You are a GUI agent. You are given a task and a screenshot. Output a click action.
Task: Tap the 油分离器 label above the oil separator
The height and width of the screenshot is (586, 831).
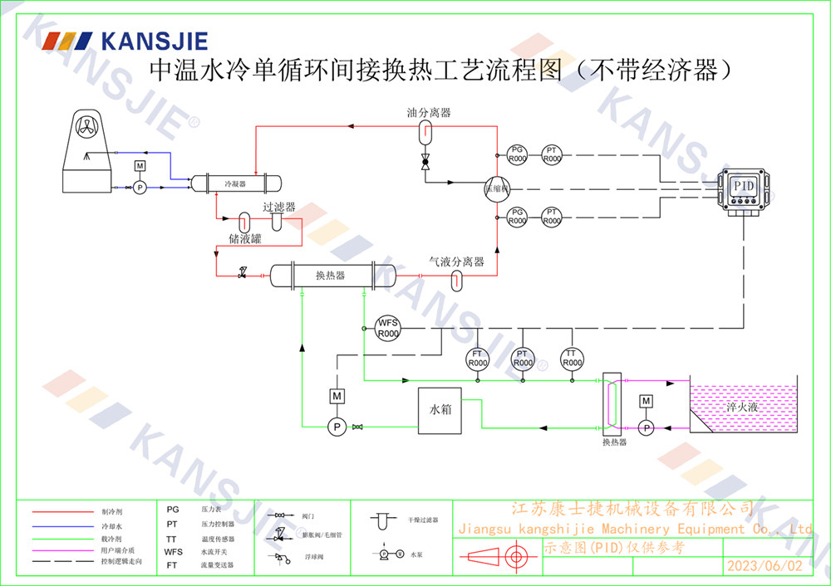tap(429, 112)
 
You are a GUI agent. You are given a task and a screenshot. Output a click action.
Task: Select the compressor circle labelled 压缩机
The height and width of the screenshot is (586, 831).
tap(496, 188)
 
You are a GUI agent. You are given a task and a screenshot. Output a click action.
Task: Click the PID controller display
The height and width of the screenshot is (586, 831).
tap(743, 185)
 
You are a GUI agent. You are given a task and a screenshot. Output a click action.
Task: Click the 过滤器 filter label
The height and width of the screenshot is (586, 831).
tap(279, 207)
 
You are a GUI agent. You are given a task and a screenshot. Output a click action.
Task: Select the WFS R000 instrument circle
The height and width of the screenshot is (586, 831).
tap(388, 328)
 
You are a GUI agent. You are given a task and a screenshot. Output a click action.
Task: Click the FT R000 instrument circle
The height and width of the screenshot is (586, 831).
tap(477, 358)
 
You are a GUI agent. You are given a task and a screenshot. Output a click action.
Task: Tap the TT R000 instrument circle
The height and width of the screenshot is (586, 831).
tap(572, 358)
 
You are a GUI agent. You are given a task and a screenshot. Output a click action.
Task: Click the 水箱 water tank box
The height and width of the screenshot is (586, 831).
tap(440, 408)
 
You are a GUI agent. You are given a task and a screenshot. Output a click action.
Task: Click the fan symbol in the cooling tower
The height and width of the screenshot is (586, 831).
tap(86, 126)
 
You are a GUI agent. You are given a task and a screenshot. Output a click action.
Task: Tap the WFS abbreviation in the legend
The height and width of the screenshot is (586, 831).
tap(173, 551)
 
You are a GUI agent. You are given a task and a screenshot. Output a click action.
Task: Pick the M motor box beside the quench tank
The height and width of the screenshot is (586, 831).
tap(646, 402)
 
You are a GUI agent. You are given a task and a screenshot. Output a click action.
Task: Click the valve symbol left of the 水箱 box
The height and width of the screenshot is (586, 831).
tap(357, 427)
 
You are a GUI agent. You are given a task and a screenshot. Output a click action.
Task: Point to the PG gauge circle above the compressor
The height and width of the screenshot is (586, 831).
tap(517, 154)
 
